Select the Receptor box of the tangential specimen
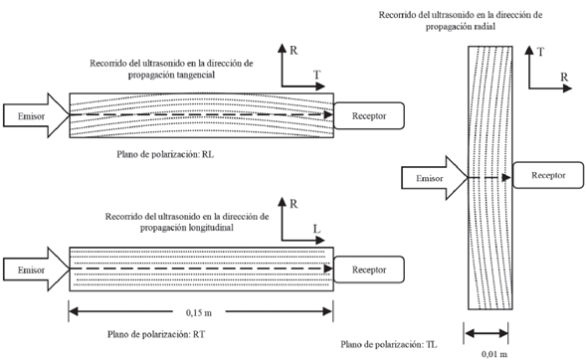click(369, 115)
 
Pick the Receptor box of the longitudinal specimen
click(369, 270)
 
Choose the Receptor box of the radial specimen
click(548, 175)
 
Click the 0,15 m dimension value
click(199, 312)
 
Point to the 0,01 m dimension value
click(494, 353)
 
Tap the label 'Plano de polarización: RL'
click(165, 154)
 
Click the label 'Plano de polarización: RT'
click(156, 334)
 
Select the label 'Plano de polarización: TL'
click(389, 344)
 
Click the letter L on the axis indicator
click(317, 229)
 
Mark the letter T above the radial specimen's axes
click(540, 52)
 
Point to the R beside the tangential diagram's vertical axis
click(293, 50)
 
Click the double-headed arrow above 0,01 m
click(486, 333)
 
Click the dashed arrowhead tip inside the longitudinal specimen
click(332, 269)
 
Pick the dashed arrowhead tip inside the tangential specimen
click(332, 114)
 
